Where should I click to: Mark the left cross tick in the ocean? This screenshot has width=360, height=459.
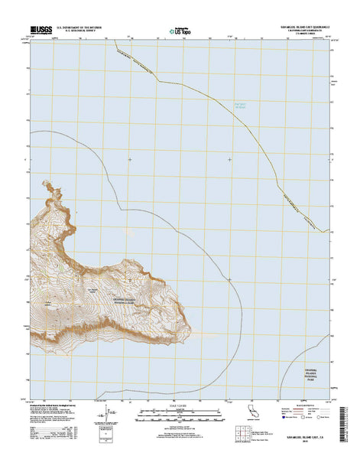(x=130, y=159)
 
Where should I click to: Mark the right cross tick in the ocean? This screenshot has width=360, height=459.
(x=231, y=159)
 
